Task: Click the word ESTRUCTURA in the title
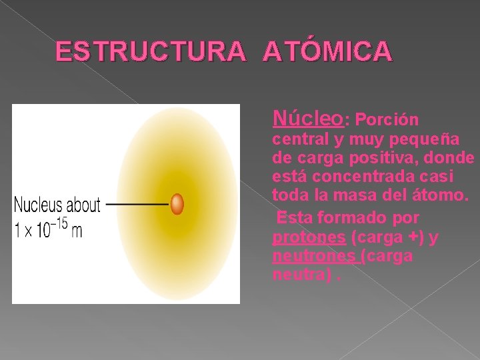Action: (x=151, y=51)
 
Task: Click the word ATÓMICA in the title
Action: (x=327, y=51)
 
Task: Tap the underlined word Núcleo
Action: (x=308, y=119)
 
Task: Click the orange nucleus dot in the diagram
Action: (x=177, y=203)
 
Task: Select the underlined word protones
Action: (x=309, y=237)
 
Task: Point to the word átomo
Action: (x=443, y=197)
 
